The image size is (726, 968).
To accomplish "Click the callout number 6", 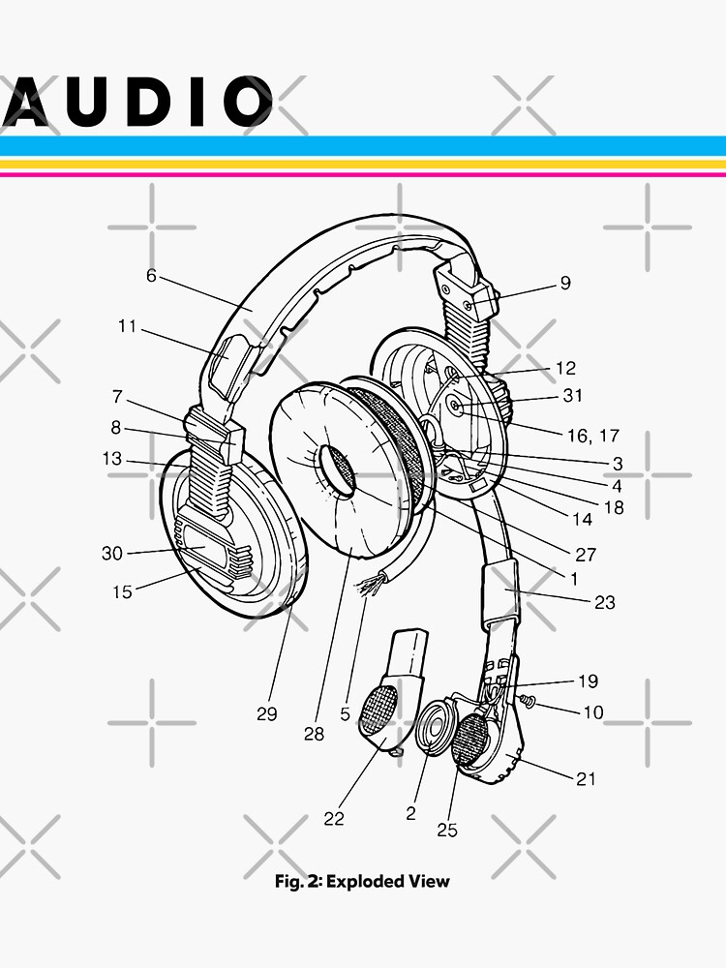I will [151, 275].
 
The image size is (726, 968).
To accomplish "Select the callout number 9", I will [565, 284].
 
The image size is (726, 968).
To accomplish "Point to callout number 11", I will [128, 326].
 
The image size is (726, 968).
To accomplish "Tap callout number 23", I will [604, 602].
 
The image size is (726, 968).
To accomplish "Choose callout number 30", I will [113, 554].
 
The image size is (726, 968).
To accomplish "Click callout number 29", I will [267, 714].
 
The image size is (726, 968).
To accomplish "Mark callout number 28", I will [314, 734].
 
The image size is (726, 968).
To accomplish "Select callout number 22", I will [334, 819].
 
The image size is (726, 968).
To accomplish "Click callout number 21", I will [587, 778].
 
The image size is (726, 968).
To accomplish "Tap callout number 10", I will [592, 712].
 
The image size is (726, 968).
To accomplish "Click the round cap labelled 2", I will [435, 727].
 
